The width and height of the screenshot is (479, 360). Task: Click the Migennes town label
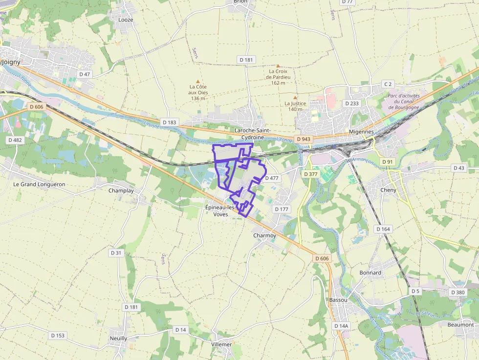(362, 132)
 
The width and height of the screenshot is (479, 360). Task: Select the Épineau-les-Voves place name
(220, 211)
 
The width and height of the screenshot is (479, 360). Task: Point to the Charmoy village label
(264, 235)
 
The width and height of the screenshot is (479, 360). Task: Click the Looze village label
(126, 20)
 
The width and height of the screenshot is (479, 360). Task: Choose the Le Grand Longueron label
(39, 184)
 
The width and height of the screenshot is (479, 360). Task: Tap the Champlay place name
(121, 191)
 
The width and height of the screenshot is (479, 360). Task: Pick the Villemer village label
(221, 344)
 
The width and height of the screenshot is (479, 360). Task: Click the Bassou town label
(338, 299)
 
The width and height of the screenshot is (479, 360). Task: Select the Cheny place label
(389, 190)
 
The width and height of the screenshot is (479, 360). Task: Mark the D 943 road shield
(303, 139)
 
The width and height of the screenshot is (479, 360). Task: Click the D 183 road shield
(169, 122)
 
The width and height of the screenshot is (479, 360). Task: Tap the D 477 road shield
(272, 178)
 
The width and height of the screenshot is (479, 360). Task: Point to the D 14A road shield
(341, 326)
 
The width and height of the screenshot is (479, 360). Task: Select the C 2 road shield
(388, 84)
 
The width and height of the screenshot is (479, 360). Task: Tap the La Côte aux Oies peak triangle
(198, 82)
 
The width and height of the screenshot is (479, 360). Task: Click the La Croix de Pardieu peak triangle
(278, 65)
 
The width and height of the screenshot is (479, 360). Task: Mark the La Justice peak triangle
(295, 98)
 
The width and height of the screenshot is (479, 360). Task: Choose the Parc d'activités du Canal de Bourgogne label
(404, 102)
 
